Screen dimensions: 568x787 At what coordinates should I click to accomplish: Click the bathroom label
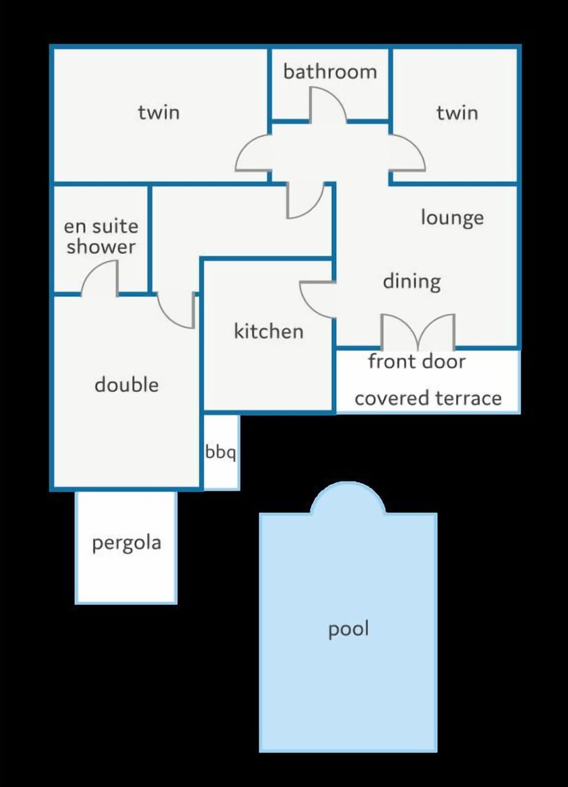pyautogui.click(x=330, y=72)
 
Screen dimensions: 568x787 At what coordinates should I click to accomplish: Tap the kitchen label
pyautogui.click(x=269, y=331)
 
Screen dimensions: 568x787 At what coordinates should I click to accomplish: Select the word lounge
pyautogui.click(x=453, y=218)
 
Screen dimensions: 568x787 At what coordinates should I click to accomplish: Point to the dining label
pyautogui.click(x=412, y=282)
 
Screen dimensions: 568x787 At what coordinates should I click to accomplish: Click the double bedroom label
pyautogui.click(x=127, y=385)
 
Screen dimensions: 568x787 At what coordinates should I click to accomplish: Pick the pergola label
pyautogui.click(x=127, y=543)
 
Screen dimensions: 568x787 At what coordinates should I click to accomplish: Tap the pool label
pyautogui.click(x=348, y=629)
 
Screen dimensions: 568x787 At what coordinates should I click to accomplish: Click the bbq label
pyautogui.click(x=220, y=452)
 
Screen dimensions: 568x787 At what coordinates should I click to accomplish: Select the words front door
pyautogui.click(x=417, y=361)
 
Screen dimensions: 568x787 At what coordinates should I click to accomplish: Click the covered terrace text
pyautogui.click(x=428, y=399)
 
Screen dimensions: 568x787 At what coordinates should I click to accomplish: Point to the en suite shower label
pyautogui.click(x=101, y=237)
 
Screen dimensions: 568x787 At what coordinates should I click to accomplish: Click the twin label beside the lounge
pyautogui.click(x=457, y=113)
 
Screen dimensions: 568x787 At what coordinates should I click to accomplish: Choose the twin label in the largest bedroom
pyautogui.click(x=159, y=112)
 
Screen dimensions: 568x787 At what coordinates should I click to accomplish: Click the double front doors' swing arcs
pyautogui.click(x=418, y=331)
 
